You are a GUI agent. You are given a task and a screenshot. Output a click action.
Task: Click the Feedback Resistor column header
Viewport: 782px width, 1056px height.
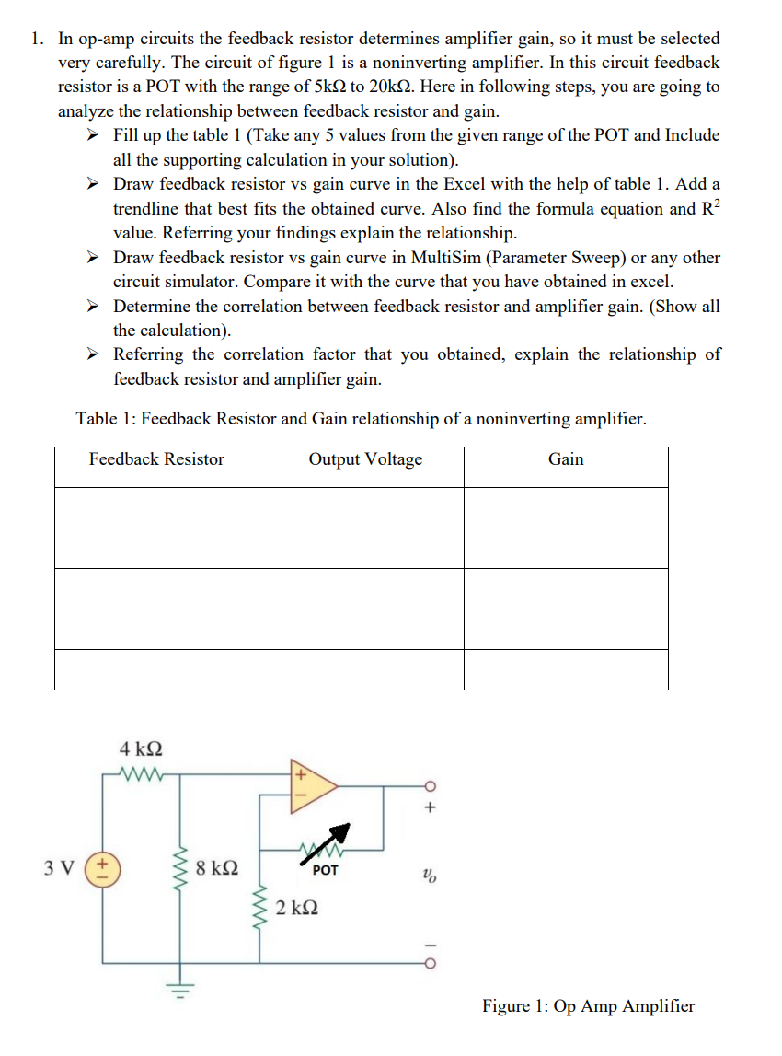coord(156,459)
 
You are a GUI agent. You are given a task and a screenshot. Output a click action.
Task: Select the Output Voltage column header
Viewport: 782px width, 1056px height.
coord(365,459)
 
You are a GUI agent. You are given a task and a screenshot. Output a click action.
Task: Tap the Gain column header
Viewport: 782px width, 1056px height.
coord(566,459)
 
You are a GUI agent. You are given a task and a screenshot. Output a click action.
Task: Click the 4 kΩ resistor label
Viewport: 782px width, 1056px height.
coord(142,748)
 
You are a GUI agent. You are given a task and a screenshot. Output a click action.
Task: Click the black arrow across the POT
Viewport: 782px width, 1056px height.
coord(338,834)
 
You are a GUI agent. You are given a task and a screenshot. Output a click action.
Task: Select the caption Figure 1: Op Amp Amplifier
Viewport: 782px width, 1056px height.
coord(588,1005)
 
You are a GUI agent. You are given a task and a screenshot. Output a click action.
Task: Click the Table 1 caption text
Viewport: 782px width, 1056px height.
coord(361,419)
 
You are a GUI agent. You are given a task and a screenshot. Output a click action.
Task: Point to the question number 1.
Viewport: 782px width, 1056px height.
coord(35,39)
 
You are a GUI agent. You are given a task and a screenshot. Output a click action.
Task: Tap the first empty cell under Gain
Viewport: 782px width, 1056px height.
coord(566,507)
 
